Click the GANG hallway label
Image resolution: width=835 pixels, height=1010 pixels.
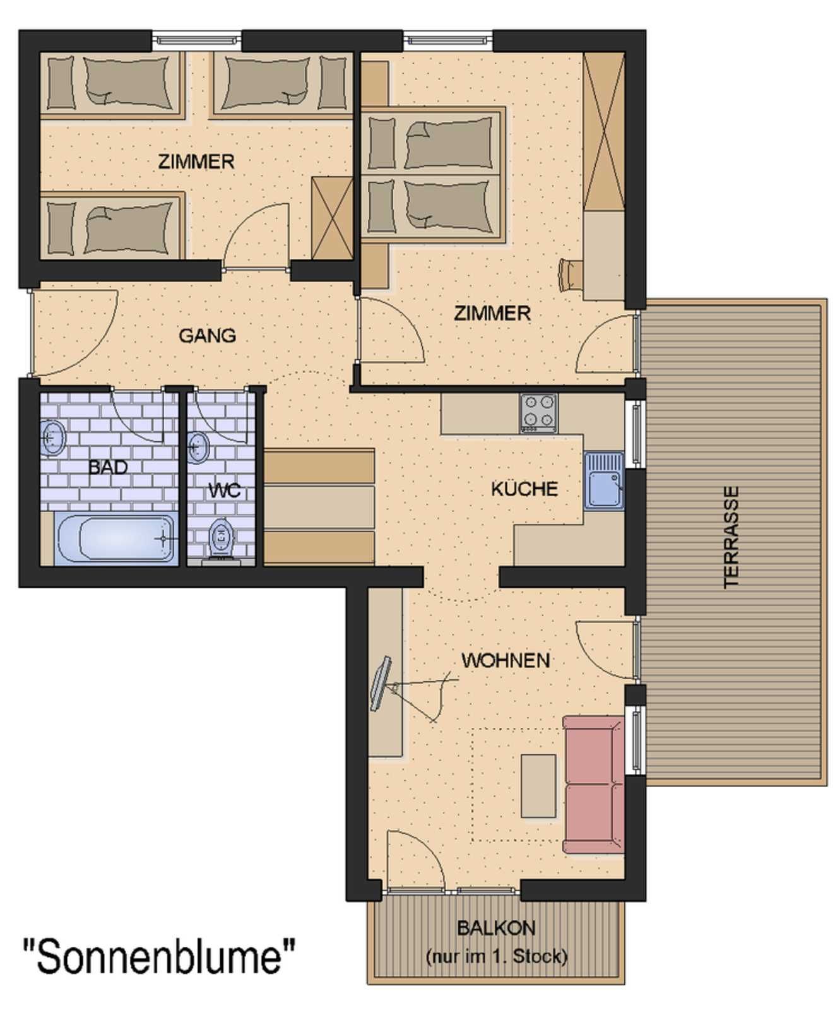[207, 335]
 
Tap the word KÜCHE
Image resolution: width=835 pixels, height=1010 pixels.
[524, 489]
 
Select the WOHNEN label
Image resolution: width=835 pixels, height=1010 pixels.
[506, 660]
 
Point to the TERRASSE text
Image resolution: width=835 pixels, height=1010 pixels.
[731, 537]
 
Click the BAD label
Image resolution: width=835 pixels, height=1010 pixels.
[108, 467]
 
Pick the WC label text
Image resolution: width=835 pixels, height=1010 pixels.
[224, 490]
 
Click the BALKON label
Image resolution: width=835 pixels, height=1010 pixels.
[496, 928]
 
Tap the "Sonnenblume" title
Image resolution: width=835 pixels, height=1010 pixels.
[159, 956]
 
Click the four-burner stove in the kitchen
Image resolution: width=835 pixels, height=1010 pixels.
[538, 413]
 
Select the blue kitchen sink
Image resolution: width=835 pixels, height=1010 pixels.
[604, 480]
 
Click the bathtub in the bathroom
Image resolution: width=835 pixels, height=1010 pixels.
[116, 538]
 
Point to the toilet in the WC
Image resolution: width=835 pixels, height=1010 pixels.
[221, 540]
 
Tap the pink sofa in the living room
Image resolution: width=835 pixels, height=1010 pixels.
[593, 784]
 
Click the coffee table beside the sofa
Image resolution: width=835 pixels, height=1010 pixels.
[538, 785]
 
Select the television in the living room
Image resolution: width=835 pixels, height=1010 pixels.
[381, 683]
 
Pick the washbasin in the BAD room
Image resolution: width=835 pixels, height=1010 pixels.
[53, 437]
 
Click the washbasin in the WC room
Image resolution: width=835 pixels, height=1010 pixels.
[198, 447]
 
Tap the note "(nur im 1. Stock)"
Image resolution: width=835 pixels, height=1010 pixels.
[496, 956]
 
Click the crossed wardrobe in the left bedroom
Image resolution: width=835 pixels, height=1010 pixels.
[332, 218]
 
